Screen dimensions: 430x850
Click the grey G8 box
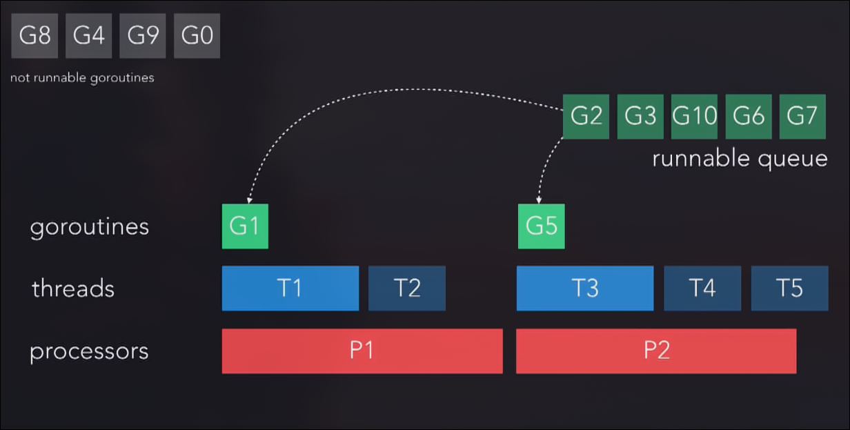point(34,35)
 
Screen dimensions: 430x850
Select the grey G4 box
point(88,35)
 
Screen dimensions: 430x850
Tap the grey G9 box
point(143,35)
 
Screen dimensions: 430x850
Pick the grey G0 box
point(197,35)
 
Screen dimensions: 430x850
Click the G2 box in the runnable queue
point(586,116)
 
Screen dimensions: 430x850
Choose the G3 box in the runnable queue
point(640,116)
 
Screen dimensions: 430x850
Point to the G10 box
point(694,116)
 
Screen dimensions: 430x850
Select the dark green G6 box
point(748,116)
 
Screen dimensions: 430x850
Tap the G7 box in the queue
point(802,116)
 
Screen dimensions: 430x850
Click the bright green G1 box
point(244,226)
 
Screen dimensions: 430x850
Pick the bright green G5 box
point(541,226)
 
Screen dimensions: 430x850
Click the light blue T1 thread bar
point(290,288)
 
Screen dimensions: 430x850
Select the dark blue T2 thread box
point(406,288)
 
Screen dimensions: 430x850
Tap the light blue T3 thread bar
point(584,288)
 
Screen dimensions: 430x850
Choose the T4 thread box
point(702,288)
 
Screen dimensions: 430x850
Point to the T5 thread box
point(789,288)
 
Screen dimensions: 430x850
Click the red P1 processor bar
point(362,351)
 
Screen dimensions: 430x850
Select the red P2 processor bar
point(656,351)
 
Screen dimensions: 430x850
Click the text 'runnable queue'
point(740,159)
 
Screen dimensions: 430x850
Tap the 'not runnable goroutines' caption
point(82,78)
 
